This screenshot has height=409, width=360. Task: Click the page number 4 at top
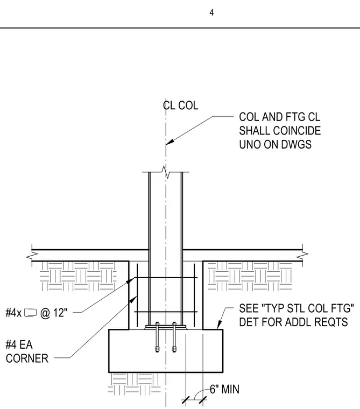click(x=211, y=12)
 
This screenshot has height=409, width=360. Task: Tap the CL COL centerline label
click(x=180, y=105)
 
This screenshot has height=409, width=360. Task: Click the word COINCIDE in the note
click(x=296, y=131)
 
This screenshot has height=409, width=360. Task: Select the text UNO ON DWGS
click(x=275, y=145)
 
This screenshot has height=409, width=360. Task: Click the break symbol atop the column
click(x=166, y=172)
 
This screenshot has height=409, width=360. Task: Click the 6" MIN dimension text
click(x=224, y=389)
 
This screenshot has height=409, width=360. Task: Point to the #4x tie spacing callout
click(x=37, y=313)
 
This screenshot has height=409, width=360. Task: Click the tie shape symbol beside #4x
click(x=31, y=313)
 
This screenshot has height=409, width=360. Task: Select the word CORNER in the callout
click(x=27, y=358)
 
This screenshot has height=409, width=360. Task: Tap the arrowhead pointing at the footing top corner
click(x=220, y=325)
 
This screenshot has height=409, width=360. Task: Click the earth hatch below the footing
click(x=135, y=383)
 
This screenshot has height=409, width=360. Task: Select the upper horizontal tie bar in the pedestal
click(x=166, y=278)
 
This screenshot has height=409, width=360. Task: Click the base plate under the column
click(x=166, y=327)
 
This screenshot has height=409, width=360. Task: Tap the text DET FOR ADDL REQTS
click(x=293, y=322)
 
